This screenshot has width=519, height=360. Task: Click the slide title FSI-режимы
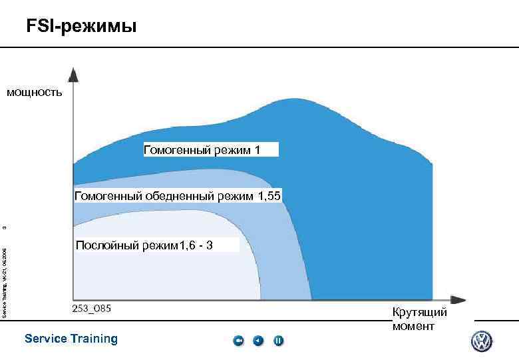coord(81,27)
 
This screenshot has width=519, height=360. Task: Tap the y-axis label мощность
coord(35,93)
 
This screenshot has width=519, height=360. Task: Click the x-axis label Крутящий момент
coord(419,319)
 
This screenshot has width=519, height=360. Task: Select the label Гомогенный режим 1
coord(210,149)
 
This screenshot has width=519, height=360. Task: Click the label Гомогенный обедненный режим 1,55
coord(178,195)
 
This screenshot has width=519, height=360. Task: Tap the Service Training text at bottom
coord(71,339)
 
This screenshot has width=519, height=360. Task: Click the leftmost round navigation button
coord(239,341)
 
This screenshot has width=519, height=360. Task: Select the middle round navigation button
coord(258,341)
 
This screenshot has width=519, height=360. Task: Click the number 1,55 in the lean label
coord(269,195)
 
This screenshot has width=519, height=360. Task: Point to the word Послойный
coord(105,245)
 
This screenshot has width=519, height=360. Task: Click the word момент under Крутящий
coord(413,326)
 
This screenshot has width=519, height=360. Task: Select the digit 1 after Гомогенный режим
coord(257,149)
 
